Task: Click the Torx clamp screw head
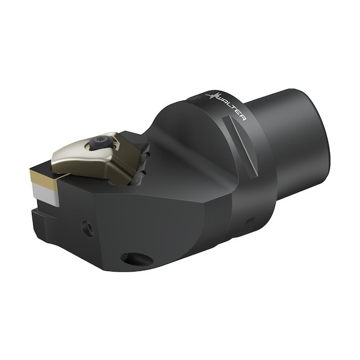(x=100, y=139)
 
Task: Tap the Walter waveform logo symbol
(x=212, y=95)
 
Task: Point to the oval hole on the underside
(x=137, y=259)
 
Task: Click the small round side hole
(x=88, y=229)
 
